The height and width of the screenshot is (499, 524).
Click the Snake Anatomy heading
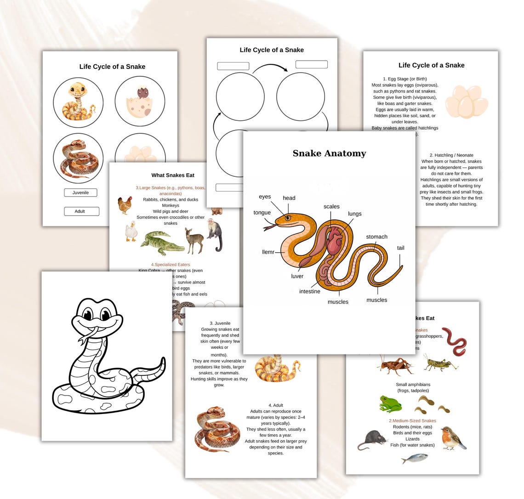(x=329, y=153)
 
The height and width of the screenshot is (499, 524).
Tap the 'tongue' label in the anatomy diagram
(x=262, y=213)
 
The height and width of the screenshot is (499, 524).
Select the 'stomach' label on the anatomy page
(x=376, y=237)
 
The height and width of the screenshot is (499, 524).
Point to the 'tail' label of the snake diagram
(x=400, y=248)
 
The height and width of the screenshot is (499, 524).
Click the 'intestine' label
(x=309, y=291)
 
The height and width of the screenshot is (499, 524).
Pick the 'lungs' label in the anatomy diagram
(x=354, y=214)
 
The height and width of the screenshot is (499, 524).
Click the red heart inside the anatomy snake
(x=334, y=241)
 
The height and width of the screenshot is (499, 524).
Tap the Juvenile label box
(x=80, y=193)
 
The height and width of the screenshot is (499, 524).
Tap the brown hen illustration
(x=125, y=205)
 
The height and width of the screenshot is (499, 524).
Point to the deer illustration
(x=195, y=240)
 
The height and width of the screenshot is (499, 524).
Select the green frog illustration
(x=390, y=403)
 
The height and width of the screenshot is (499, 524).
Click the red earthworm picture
(x=454, y=341)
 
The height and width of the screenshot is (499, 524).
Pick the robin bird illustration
(x=453, y=438)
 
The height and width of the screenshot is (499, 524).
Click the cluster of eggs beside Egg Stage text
(x=466, y=101)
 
